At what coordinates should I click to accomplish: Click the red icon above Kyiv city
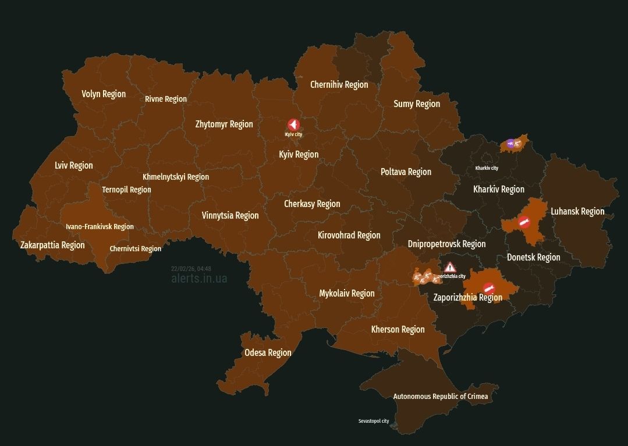pyautogui.click(x=293, y=124)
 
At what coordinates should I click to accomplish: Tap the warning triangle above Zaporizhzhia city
pyautogui.click(x=449, y=267)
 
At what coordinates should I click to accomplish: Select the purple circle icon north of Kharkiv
pyautogui.click(x=510, y=144)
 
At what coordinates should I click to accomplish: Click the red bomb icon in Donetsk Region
pyautogui.click(x=523, y=222)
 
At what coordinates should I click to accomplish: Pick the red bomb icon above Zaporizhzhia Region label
pyautogui.click(x=488, y=288)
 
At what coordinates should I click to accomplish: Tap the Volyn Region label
pyautogui.click(x=104, y=94)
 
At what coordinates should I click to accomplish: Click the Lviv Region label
pyautogui.click(x=74, y=165)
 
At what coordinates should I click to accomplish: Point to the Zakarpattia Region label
pyautogui.click(x=52, y=245)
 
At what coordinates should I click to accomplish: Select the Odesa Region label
pyautogui.click(x=268, y=352)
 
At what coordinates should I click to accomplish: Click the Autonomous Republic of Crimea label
pyautogui.click(x=441, y=397)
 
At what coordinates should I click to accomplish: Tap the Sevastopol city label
pyautogui.click(x=374, y=421)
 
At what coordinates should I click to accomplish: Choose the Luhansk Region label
pyautogui.click(x=577, y=211)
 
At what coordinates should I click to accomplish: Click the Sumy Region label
pyautogui.click(x=417, y=104)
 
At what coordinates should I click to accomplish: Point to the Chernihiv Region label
pyautogui.click(x=339, y=84)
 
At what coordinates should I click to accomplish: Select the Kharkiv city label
pyautogui.click(x=487, y=168)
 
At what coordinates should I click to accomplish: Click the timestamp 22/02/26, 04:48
pyautogui.click(x=191, y=269)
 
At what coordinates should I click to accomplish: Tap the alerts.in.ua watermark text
pyautogui.click(x=199, y=279)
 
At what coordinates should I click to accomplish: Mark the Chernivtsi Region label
pyautogui.click(x=136, y=249)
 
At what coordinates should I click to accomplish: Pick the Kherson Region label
pyautogui.click(x=398, y=329)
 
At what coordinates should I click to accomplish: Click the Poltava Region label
pyautogui.click(x=406, y=172)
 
